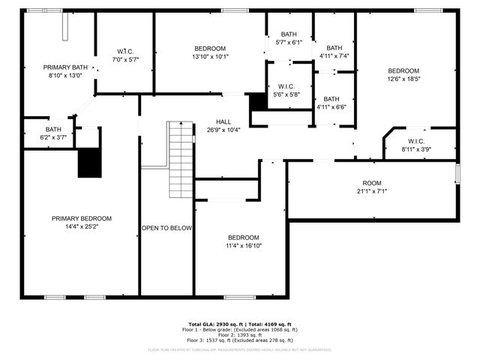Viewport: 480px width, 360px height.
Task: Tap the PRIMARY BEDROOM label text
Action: tap(81, 218)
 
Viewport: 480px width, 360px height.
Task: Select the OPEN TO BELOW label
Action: tap(166, 228)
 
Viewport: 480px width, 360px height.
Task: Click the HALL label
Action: tap(223, 121)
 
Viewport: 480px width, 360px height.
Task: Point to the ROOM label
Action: tap(372, 183)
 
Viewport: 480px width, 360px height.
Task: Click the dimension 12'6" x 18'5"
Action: tap(403, 78)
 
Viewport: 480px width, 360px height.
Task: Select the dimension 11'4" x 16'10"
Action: tap(244, 245)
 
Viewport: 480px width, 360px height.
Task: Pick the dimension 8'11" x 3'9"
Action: tap(417, 149)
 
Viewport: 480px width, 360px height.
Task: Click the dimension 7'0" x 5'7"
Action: tap(125, 59)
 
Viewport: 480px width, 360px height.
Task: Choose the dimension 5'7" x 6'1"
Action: tap(289, 43)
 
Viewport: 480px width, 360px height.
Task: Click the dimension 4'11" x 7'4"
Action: tap(334, 55)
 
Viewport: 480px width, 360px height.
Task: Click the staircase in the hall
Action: tap(181, 158)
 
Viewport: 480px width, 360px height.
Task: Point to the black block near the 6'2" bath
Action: tap(89, 162)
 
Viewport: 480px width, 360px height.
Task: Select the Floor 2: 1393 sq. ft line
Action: tap(240, 335)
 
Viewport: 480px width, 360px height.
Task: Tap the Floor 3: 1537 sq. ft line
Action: tap(240, 340)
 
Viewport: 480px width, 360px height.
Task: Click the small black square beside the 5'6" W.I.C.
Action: tap(258, 101)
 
